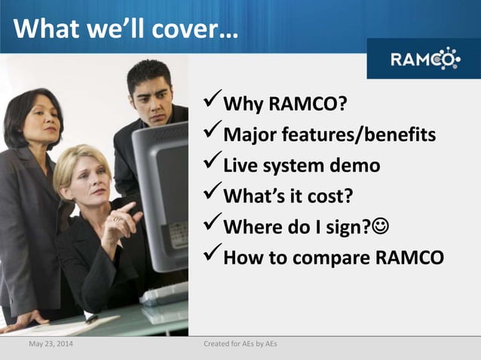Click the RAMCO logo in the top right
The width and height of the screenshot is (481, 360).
click(x=424, y=58)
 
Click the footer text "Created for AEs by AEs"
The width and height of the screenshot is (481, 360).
click(x=240, y=345)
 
